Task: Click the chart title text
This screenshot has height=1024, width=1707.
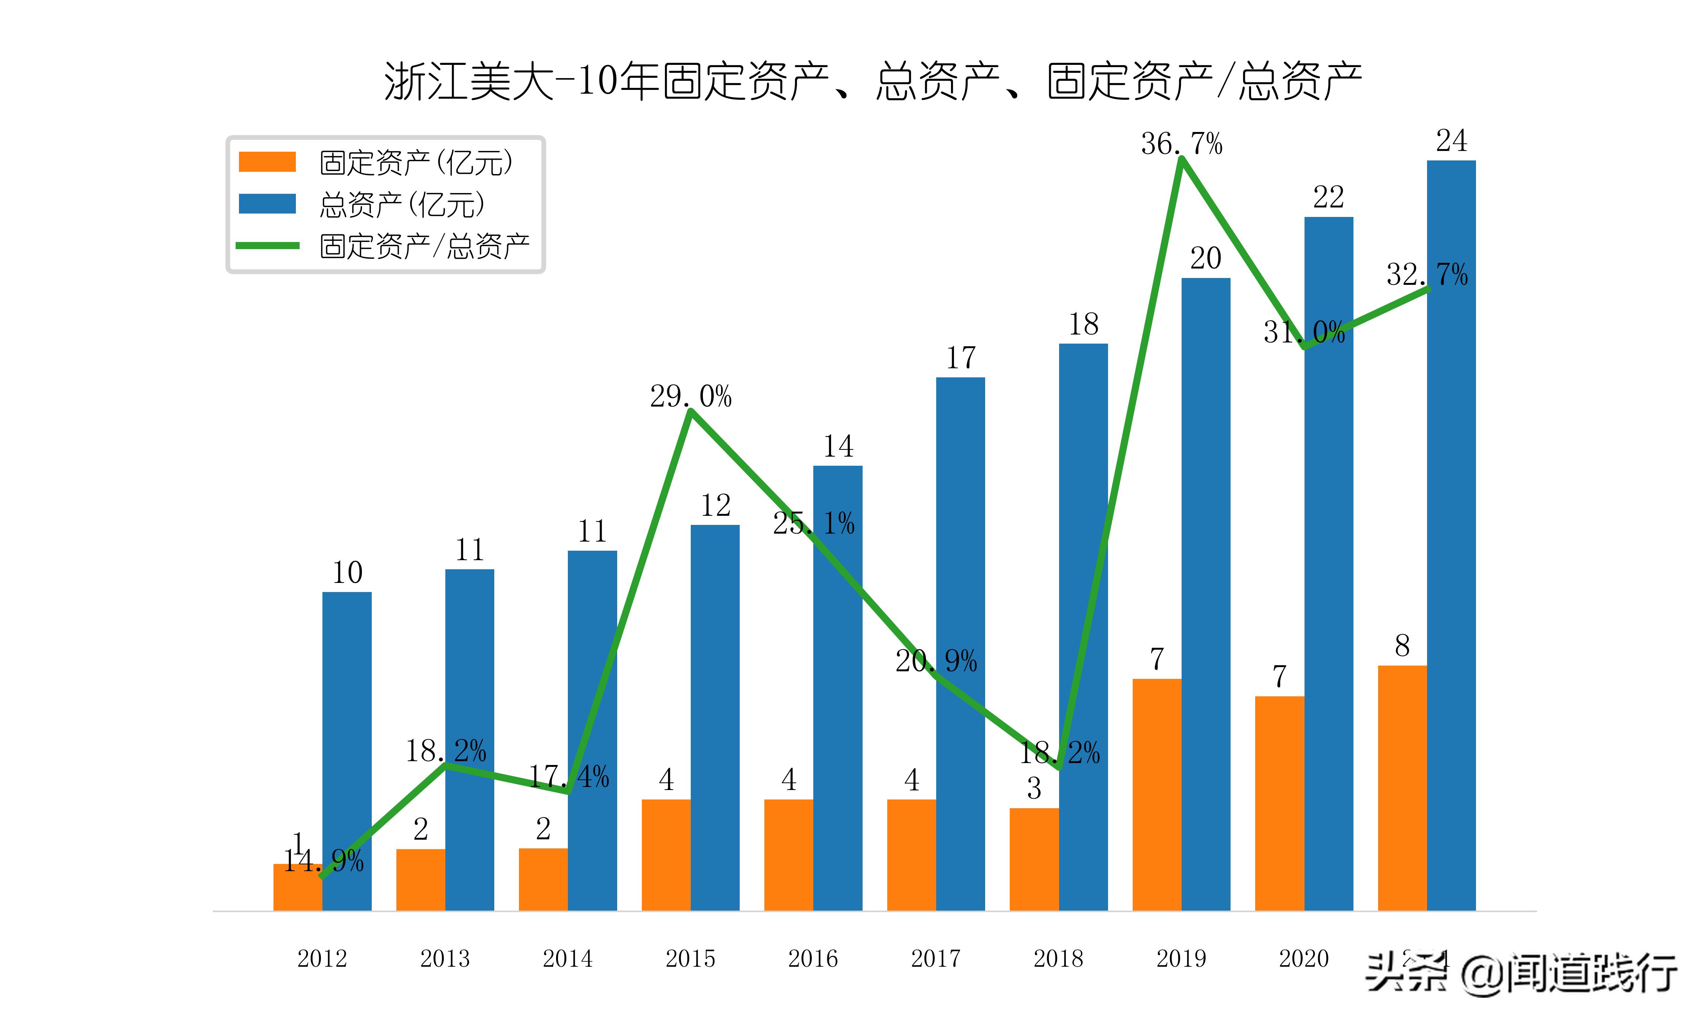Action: (873, 82)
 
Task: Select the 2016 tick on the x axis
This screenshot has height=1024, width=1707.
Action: (813, 958)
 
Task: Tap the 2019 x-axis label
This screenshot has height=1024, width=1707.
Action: (1181, 958)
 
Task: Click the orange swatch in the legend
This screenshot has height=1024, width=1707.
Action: (267, 162)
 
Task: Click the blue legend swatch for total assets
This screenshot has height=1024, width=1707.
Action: (267, 204)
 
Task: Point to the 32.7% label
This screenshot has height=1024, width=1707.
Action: (1427, 275)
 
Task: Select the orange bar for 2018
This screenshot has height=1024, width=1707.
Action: (1034, 859)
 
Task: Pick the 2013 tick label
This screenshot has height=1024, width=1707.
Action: (445, 958)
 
